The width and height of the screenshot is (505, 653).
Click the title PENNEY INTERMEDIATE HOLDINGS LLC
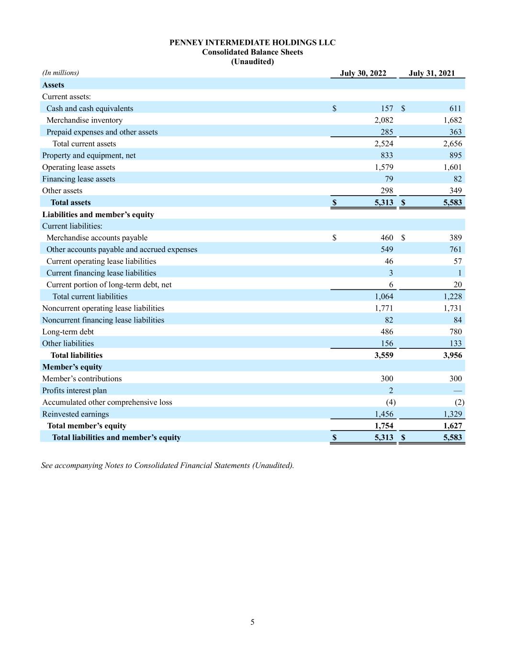[x=252, y=43]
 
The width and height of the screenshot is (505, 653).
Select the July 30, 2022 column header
[x=363, y=73]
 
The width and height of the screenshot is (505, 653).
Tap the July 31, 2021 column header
[x=432, y=73]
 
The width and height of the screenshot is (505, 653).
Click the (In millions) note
[x=60, y=73]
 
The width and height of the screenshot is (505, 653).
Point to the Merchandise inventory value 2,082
[x=383, y=120]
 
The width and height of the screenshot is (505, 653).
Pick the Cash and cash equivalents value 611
[x=455, y=109]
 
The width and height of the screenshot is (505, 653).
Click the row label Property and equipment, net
[x=89, y=155]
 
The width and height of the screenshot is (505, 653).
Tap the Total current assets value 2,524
[x=383, y=144]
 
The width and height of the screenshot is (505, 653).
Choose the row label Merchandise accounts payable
[x=97, y=238]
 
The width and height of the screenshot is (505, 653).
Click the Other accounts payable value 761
[x=455, y=249]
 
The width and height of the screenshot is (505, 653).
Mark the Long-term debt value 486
[x=386, y=332]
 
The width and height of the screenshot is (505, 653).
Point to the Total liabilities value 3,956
[x=452, y=355]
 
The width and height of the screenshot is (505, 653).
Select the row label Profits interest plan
[x=74, y=390]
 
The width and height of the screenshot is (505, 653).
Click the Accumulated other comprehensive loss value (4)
[x=391, y=402]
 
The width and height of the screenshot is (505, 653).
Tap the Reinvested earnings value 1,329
[x=452, y=414]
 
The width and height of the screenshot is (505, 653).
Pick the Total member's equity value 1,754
[x=383, y=426]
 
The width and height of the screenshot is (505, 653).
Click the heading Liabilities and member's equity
[x=98, y=214]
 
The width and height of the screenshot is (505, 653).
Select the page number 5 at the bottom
[x=252, y=622]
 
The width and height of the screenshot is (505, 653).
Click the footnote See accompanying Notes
[x=168, y=465]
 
